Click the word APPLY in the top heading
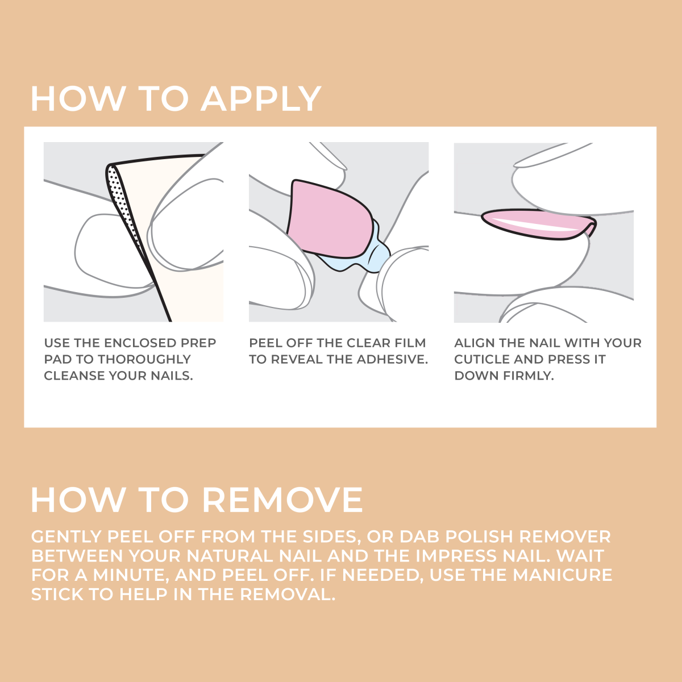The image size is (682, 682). coord(261,99)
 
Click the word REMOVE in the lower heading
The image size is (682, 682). coord(282,500)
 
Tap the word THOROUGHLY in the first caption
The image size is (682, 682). coord(144,360)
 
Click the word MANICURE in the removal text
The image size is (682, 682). coord(562,575)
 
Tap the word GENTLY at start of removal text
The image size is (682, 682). coord(66,537)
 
